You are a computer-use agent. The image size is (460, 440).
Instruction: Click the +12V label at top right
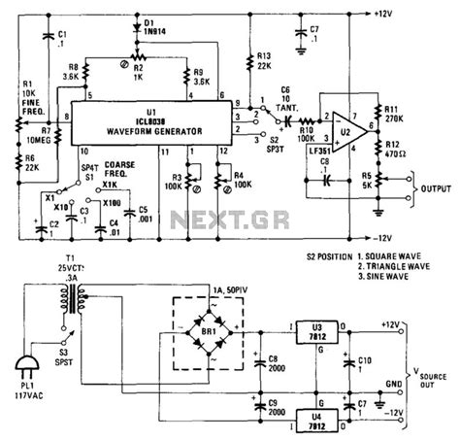[387, 14]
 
